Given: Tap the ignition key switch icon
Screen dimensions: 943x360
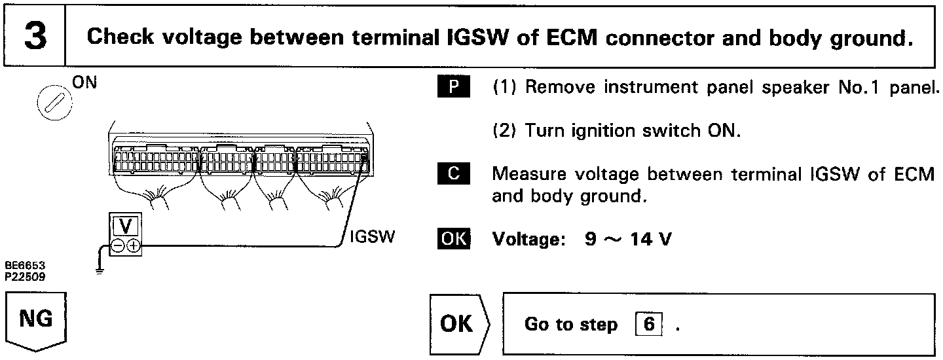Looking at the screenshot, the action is (50, 103).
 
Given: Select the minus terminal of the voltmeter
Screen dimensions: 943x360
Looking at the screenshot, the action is (119, 246).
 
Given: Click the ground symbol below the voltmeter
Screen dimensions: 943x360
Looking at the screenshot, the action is (99, 270).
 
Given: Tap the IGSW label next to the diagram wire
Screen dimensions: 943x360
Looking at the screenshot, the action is (372, 237).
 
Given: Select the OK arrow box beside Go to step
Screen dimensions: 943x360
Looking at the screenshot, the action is (459, 325).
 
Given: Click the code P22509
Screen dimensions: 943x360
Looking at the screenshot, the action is (22, 276).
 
